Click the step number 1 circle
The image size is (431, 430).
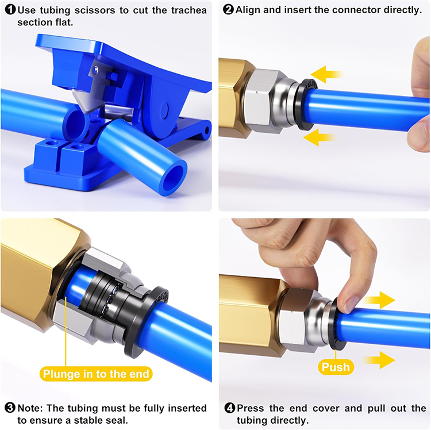9,10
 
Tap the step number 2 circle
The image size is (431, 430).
228,10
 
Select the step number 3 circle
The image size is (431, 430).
9,408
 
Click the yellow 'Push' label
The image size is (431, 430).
336,366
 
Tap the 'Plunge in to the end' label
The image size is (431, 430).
96,374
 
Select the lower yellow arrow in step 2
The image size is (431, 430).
320,137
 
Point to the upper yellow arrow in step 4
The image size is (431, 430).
379,300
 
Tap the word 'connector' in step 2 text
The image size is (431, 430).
352,10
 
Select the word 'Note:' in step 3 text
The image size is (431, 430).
31,408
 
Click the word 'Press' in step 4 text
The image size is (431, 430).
252,408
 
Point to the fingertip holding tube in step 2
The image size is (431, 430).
418,138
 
